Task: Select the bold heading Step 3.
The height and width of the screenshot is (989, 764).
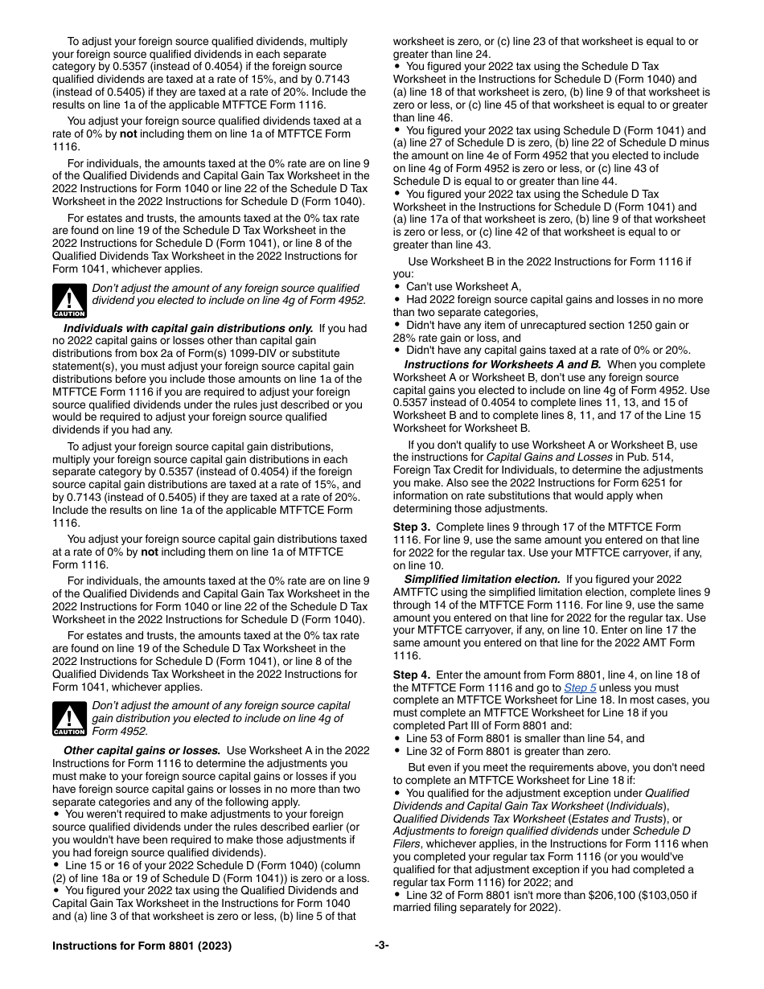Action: click(412, 527)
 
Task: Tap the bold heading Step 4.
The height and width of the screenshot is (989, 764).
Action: click(412, 675)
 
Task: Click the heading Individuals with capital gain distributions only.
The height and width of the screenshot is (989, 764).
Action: click(188, 328)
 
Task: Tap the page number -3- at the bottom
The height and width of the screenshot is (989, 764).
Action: click(381, 946)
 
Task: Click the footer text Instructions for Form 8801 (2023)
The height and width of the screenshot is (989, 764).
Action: click(142, 946)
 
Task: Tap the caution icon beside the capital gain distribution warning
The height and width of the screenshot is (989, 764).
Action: click(69, 719)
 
